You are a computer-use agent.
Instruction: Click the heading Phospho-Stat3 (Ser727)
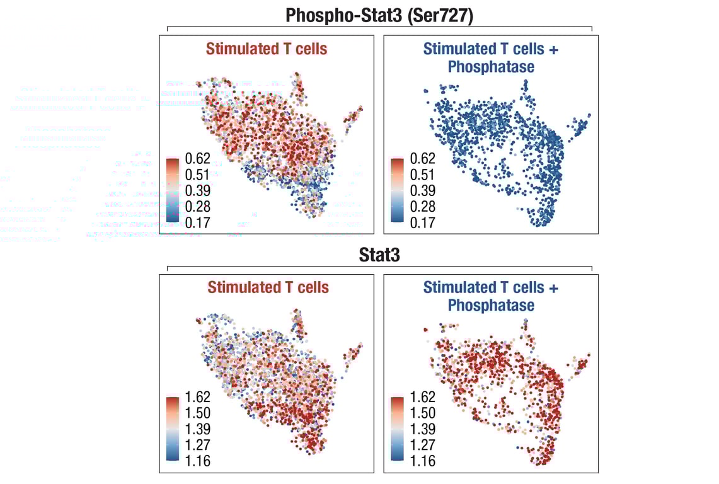[379, 15]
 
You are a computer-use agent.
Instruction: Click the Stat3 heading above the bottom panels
[379, 255]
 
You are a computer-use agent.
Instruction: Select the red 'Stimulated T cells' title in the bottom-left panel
[268, 288]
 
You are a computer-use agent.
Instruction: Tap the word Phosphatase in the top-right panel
[491, 66]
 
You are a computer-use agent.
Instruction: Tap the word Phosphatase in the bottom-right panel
[491, 305]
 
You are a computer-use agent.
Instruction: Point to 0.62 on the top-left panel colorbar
[197, 158]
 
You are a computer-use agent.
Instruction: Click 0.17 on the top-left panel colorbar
[197, 222]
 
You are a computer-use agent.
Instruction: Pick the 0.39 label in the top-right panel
[422, 190]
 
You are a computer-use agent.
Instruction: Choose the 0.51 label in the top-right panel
[422, 174]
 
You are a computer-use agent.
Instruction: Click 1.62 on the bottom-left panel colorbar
[197, 397]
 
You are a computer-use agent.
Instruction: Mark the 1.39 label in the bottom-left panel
[197, 429]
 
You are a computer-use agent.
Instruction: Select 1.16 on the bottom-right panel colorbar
[422, 461]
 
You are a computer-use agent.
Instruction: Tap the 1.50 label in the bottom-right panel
[422, 413]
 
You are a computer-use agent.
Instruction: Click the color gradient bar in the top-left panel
[173, 190]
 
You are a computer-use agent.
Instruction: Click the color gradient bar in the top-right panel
[398, 190]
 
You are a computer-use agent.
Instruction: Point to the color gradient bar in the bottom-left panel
[173, 429]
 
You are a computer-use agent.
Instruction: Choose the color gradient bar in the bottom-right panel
[398, 429]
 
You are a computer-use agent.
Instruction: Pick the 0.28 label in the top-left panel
[197, 206]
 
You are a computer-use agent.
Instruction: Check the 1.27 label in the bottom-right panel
[422, 445]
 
